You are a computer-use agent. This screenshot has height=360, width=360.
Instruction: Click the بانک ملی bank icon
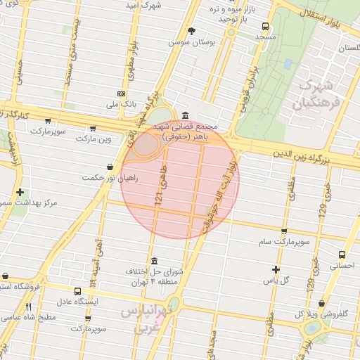pos(122,94)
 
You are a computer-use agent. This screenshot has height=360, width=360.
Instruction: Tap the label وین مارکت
pos(96,140)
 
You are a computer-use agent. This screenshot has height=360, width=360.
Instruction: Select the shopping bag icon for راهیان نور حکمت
pos(110,167)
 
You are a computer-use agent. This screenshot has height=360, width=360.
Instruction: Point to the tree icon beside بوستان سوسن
pos(191,31)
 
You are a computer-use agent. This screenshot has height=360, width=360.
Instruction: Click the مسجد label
pos(264,35)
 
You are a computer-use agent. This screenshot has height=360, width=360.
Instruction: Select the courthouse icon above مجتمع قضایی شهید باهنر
pos(185,115)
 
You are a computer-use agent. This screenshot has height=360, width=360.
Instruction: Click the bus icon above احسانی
pos(342,255)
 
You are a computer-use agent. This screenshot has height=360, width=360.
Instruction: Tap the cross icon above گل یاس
pos(276,269)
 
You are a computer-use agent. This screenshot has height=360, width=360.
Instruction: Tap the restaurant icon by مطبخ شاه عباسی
pos(29,307)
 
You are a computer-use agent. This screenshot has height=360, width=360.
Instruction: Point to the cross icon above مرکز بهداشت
pos(20,192)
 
